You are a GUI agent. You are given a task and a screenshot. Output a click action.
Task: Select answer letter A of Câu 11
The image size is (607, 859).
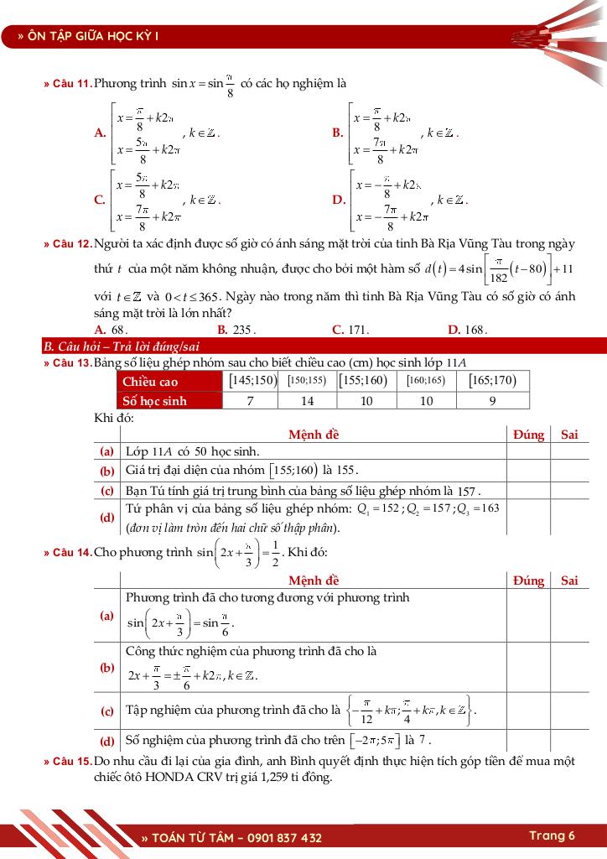(101, 133)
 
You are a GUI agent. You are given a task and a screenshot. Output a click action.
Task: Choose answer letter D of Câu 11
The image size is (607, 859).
(339, 200)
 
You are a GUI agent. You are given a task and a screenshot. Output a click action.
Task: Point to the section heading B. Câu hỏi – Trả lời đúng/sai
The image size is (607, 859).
(122, 346)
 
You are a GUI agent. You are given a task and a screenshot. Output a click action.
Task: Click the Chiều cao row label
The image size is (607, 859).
(150, 382)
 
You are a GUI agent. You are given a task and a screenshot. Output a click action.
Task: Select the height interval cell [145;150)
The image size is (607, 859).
(252, 381)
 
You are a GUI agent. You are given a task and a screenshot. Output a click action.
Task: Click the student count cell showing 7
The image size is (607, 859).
(250, 401)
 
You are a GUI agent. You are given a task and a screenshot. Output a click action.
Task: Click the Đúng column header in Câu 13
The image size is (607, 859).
(528, 435)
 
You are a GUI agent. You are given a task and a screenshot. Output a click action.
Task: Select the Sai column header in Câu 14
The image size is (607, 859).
(569, 580)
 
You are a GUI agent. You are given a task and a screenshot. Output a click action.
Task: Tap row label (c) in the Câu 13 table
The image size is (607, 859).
(107, 490)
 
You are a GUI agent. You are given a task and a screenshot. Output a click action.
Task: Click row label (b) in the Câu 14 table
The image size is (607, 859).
(107, 668)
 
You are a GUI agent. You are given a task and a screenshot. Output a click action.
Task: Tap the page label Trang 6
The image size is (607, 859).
(552, 836)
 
